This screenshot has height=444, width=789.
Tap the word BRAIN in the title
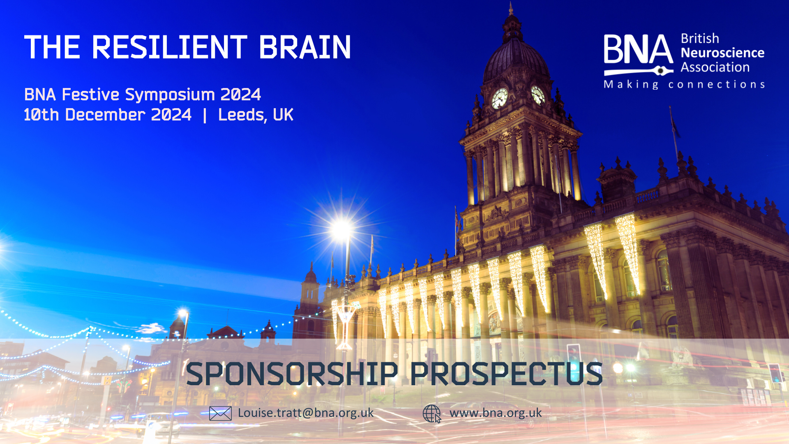(305, 47)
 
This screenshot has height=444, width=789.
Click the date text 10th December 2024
(108, 115)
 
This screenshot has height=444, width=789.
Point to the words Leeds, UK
(256, 115)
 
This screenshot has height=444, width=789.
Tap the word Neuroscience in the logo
(722, 53)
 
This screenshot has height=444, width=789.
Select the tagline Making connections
(684, 85)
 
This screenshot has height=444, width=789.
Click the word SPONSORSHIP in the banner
(292, 374)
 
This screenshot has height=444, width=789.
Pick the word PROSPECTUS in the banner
(506, 374)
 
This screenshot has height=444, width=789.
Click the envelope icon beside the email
(220, 413)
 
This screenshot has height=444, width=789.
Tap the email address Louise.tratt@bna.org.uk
(306, 413)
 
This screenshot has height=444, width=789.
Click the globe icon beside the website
(431, 414)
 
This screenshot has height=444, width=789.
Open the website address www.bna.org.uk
(496, 413)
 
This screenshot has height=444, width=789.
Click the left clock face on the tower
(500, 98)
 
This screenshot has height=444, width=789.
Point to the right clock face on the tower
(538, 95)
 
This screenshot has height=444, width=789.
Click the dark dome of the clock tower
(515, 60)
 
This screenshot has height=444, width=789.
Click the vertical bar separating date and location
(205, 115)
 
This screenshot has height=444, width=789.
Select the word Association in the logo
(715, 67)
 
